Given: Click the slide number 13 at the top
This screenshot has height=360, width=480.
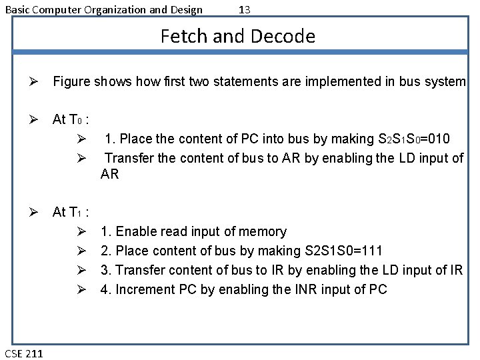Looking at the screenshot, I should coord(244,9).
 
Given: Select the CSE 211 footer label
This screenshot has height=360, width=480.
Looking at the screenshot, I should coord(24,353).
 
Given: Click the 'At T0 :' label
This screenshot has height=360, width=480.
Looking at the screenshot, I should coord(71,120).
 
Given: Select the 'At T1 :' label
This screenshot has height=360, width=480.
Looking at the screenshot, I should coord(71,212).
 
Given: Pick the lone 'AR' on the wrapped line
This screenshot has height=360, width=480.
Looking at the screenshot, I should coord(110,174).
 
